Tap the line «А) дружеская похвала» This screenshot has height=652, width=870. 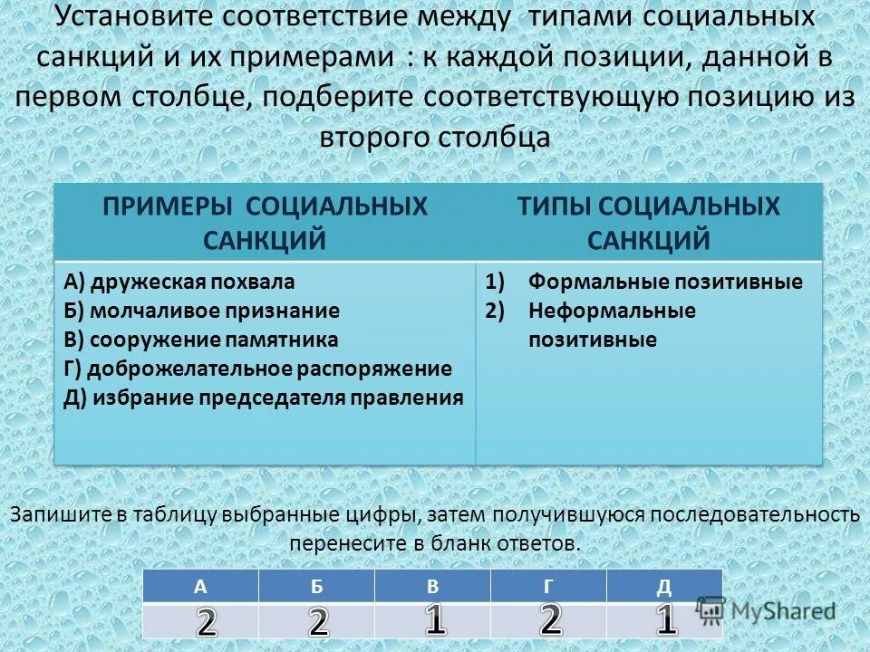pyautogui.click(x=179, y=282)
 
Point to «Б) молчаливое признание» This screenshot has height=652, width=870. pyautogui.click(x=202, y=311)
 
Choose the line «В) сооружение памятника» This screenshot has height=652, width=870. pyautogui.click(x=201, y=340)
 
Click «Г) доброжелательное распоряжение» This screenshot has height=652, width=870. pyautogui.click(x=257, y=369)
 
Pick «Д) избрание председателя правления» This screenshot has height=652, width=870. pyautogui.click(x=264, y=398)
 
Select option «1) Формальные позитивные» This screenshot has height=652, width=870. pyautogui.click(x=644, y=282)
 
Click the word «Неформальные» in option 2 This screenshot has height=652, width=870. pyautogui.click(x=613, y=311)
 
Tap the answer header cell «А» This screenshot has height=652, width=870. pyautogui.click(x=200, y=586)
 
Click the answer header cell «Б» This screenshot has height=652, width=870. pyautogui.click(x=316, y=586)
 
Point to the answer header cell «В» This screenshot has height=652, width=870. pyautogui.click(x=432, y=586)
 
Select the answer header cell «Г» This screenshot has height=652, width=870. pyautogui.click(x=548, y=586)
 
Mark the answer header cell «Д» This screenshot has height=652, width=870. pyautogui.click(x=664, y=586)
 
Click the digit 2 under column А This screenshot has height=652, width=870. pyautogui.click(x=208, y=623)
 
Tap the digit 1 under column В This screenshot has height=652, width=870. pyautogui.click(x=436, y=620)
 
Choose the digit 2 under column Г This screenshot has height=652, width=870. pyautogui.click(x=551, y=619)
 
